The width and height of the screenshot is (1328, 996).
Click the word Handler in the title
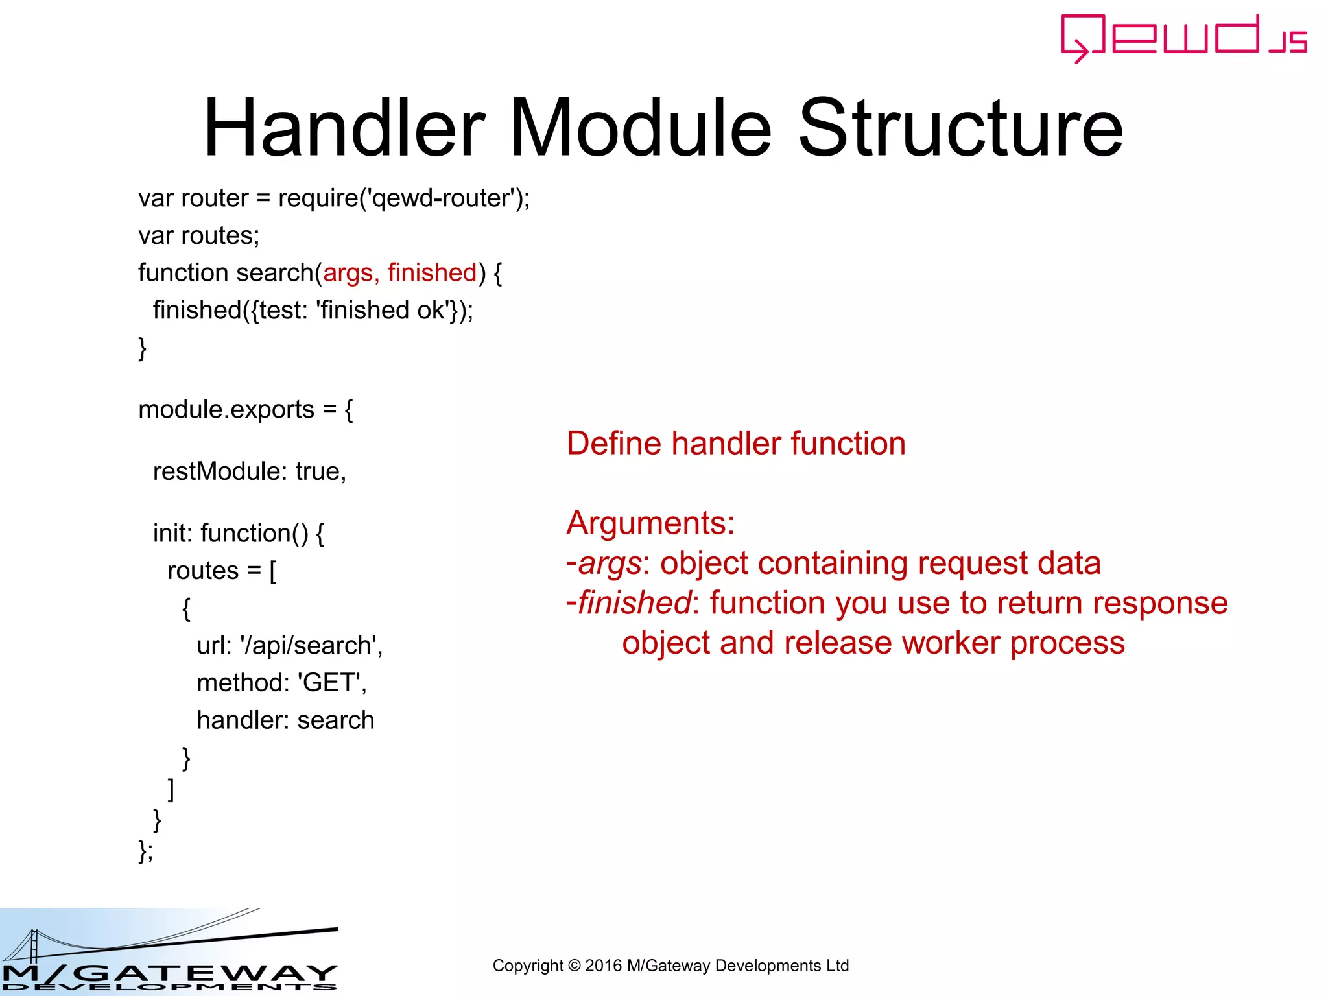(x=344, y=128)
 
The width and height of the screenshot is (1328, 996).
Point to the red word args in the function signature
(x=348, y=273)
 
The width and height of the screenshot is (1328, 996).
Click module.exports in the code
(x=226, y=410)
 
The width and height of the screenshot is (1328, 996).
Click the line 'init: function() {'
(x=238, y=534)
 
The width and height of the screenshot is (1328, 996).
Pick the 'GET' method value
(x=329, y=683)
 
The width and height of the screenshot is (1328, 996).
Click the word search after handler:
(x=335, y=720)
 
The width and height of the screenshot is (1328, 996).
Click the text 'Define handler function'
(x=735, y=444)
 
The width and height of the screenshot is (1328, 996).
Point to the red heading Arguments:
(x=650, y=523)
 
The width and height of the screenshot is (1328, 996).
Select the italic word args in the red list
(x=609, y=563)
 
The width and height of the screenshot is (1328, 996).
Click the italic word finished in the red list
(x=634, y=603)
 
